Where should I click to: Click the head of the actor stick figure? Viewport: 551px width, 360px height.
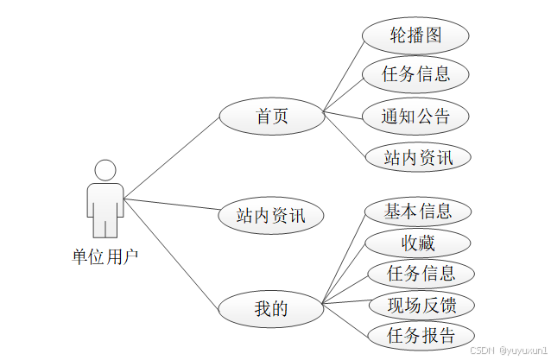105,169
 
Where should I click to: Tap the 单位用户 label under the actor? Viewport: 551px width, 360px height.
105,256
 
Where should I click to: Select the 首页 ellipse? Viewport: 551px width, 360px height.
271,117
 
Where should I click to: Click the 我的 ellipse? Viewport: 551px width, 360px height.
271,308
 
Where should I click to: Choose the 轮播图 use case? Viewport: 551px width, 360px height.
416,35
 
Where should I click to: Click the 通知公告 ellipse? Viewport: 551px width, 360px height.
416,116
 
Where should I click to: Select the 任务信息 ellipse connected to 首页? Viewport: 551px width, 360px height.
416,75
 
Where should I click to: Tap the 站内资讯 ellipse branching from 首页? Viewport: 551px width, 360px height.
416,157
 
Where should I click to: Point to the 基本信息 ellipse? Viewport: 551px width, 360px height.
419,211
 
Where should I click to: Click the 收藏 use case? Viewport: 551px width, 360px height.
419,243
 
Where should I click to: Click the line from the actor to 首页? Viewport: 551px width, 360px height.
172,157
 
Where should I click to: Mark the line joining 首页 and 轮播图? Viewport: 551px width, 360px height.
343,74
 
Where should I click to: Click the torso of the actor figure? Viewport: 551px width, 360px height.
105,199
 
